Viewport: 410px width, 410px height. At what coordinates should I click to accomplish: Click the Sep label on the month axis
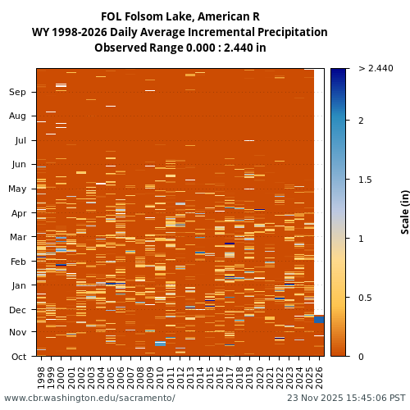click(17, 93)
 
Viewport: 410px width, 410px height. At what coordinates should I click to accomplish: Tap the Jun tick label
click(17, 164)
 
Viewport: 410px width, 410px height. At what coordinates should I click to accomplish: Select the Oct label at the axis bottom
click(17, 357)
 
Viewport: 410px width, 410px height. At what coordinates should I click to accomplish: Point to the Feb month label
click(17, 262)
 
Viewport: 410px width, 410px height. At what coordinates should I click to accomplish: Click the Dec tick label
click(17, 310)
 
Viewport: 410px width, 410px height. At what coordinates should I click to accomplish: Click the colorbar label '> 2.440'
click(376, 69)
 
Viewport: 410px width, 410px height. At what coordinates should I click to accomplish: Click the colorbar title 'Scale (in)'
click(404, 212)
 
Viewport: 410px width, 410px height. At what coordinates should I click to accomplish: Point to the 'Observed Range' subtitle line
click(180, 48)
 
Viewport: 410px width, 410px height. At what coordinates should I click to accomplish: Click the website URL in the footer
click(89, 399)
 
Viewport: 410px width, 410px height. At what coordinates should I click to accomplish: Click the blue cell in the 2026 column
click(319, 319)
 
